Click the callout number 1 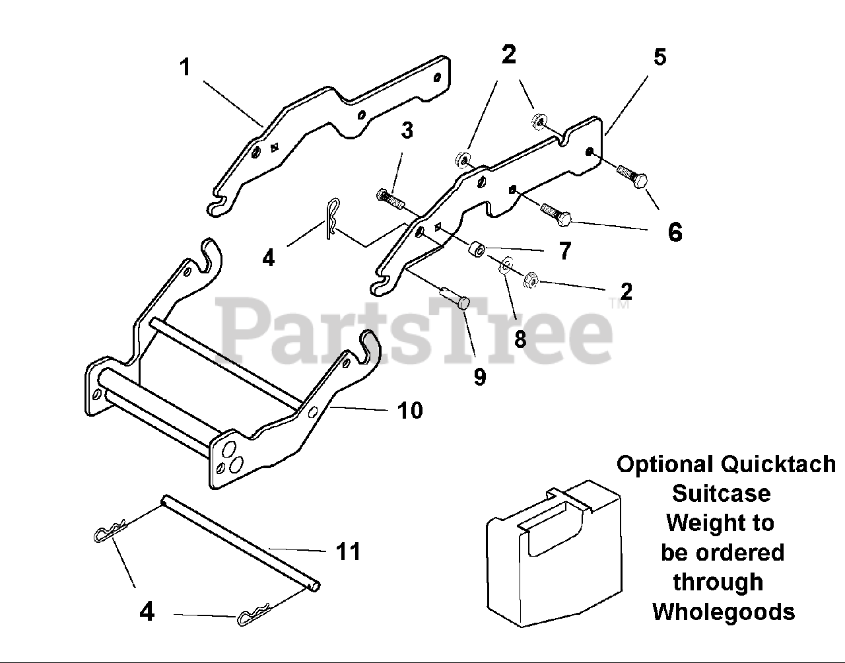[x=186, y=67]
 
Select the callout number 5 [x=659, y=57]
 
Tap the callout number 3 [x=407, y=131]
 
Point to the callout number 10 [x=410, y=410]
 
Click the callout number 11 [x=349, y=551]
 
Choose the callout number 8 [x=520, y=339]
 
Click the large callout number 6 [x=675, y=232]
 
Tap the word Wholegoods [x=724, y=611]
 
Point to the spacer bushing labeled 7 [x=476, y=251]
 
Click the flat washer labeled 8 [x=504, y=265]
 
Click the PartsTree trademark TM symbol [x=619, y=305]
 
